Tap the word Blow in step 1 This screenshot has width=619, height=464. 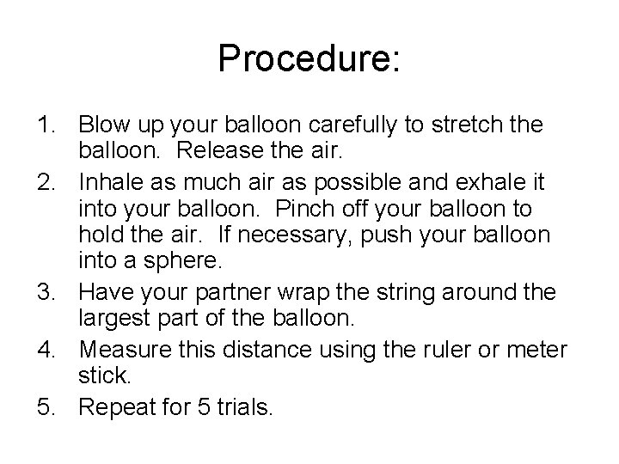click(103, 125)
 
